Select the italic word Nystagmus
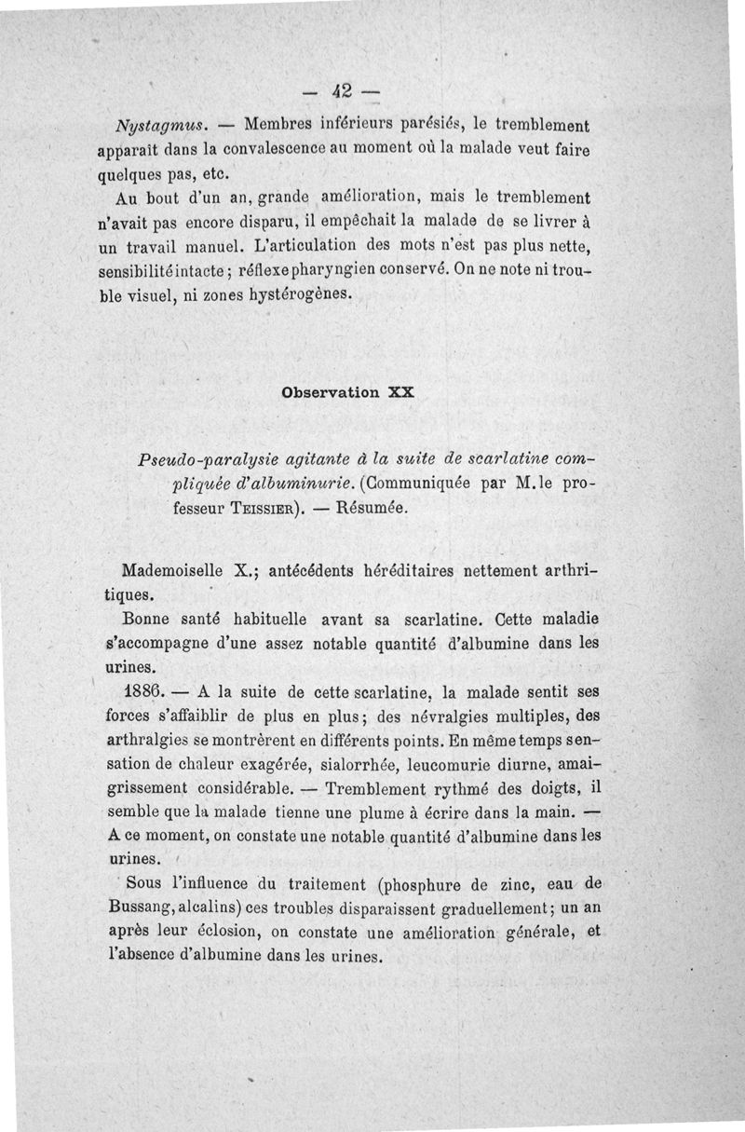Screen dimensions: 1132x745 point(155,125)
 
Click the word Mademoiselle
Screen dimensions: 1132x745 point(175,572)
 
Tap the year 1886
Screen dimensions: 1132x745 point(143,692)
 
